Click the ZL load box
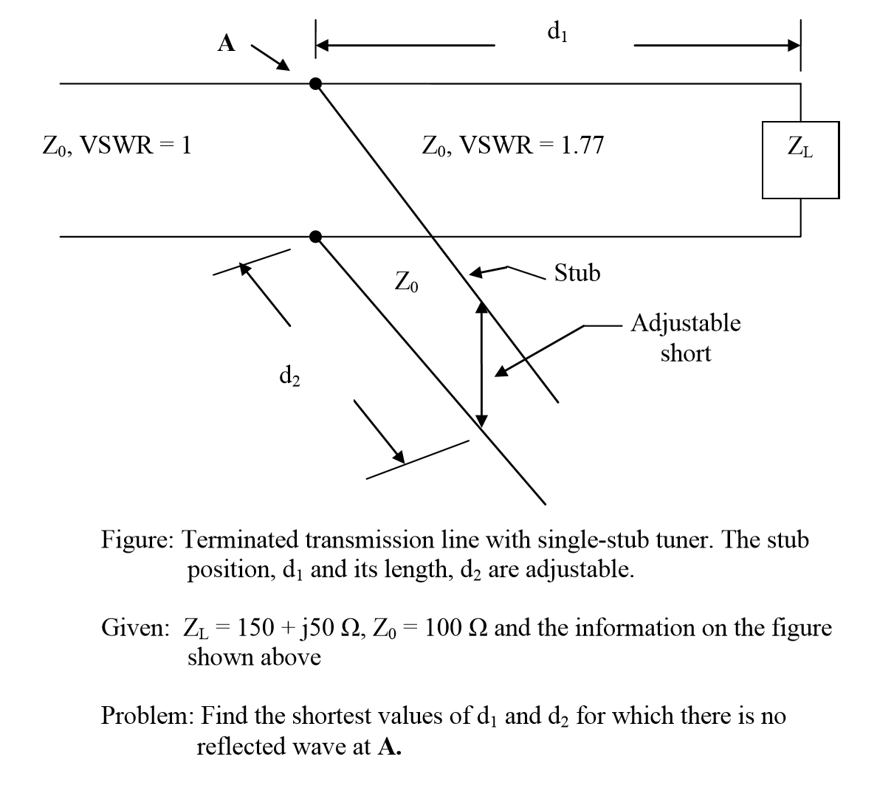click(x=800, y=160)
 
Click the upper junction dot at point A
click(x=316, y=83)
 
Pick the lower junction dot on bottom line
click(x=316, y=236)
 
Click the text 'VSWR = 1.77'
click(x=532, y=145)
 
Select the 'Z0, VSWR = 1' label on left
click(x=116, y=145)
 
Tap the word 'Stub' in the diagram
click(x=577, y=273)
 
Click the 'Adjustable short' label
click(x=686, y=338)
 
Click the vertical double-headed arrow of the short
click(x=481, y=365)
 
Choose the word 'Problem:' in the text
click(x=148, y=716)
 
